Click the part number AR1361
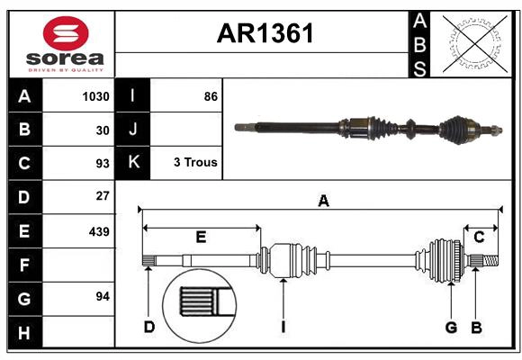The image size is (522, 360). [265, 33]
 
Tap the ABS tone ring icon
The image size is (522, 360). [474, 43]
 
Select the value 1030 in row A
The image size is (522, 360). [95, 96]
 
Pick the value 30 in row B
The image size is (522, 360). [102, 130]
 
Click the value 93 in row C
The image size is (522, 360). [102, 164]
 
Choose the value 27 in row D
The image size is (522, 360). [102, 196]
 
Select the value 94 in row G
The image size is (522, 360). [102, 296]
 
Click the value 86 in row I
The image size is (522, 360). [211, 96]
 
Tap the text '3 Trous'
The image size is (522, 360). [195, 163]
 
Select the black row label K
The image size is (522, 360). [133, 163]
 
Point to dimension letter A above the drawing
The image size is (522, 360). [323, 202]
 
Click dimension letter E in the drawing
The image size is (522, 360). [201, 238]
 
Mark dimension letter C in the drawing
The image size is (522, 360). [479, 238]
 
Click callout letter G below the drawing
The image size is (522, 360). [451, 328]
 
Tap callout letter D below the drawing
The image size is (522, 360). [149, 328]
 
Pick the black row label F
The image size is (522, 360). [24, 265]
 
